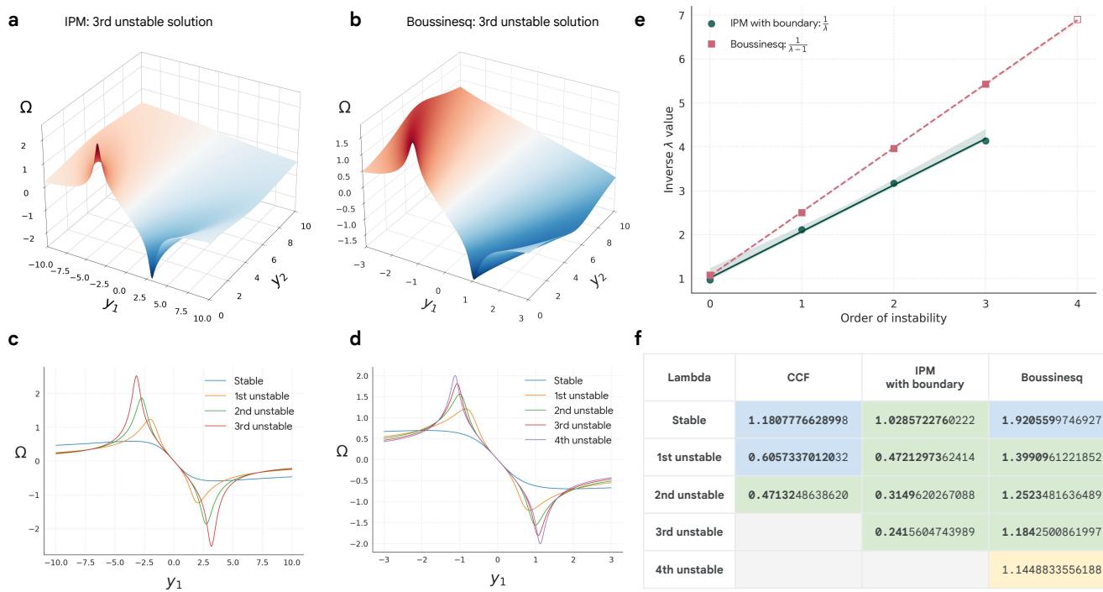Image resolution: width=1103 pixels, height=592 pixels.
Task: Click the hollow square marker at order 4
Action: [x=1077, y=18]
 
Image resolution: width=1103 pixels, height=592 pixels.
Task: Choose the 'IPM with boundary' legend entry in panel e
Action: [x=766, y=23]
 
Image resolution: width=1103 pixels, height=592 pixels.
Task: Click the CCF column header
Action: [x=797, y=378]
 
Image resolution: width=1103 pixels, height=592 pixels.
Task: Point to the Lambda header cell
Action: [x=688, y=378]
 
